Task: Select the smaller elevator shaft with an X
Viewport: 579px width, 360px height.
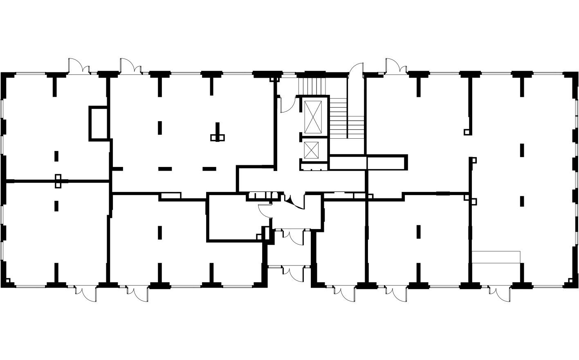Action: (x=312, y=150)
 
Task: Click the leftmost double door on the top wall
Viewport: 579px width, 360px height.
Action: (x=79, y=66)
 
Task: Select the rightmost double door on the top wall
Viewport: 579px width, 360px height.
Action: (x=396, y=65)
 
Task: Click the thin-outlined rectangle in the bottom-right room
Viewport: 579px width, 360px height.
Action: (x=496, y=257)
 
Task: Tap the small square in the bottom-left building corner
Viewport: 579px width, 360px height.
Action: (x=8, y=281)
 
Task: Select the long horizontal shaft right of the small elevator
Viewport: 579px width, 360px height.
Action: (x=368, y=162)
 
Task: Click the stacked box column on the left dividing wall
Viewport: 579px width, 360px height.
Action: (x=58, y=181)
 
